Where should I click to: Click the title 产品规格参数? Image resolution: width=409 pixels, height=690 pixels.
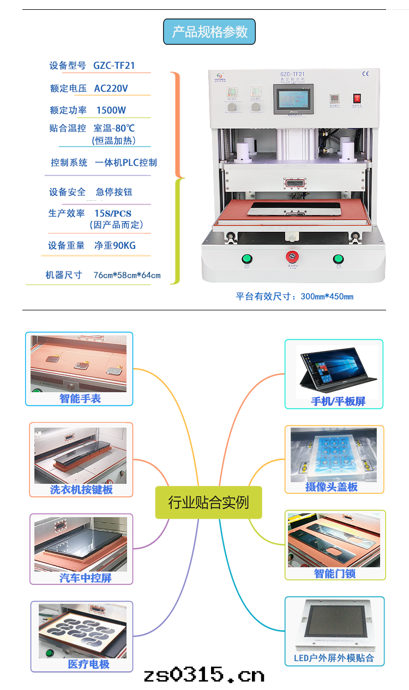pos(209,32)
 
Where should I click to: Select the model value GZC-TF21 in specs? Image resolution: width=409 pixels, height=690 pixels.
pos(114,65)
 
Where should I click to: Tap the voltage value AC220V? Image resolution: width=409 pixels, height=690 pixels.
pos(111,88)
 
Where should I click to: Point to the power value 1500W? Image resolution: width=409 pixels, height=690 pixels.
pos(111,110)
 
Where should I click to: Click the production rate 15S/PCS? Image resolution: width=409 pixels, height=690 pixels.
pos(113,213)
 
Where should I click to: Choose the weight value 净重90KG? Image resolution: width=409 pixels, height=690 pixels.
pos(115,245)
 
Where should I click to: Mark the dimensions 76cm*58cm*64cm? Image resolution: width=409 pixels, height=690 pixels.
pos(127,275)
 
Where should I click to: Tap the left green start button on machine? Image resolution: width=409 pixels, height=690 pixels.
pos(246,259)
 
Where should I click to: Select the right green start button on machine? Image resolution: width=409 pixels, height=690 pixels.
pos(338,259)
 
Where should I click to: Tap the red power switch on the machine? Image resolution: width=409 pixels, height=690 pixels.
pos(357,99)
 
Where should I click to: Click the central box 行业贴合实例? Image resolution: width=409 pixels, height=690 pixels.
pos(208,502)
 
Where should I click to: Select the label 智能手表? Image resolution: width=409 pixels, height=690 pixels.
pos(80,399)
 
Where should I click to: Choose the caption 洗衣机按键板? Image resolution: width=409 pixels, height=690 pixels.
pos(81,489)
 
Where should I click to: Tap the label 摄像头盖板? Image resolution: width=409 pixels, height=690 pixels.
pos(332,487)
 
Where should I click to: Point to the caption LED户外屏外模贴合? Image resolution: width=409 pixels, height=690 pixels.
pos(334,658)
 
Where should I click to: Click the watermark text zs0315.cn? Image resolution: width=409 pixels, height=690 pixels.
pos(204,675)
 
